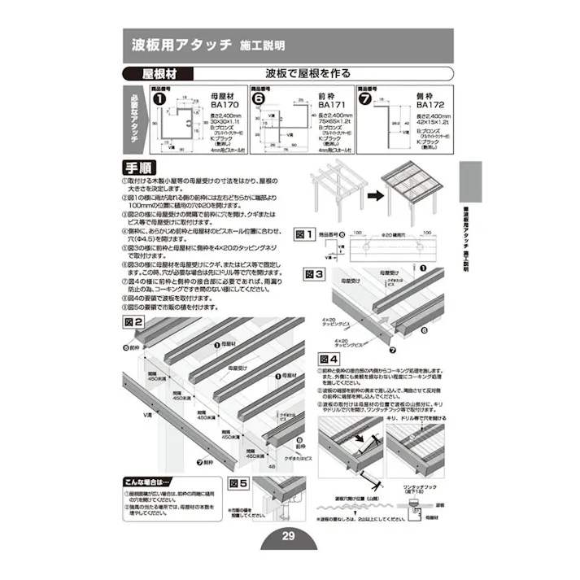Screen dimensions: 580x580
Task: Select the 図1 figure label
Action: click(x=303, y=234)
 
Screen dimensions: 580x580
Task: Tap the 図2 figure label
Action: click(x=133, y=322)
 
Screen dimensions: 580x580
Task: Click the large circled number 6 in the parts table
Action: click(x=259, y=99)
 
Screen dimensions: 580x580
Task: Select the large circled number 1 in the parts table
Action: click(x=159, y=99)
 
